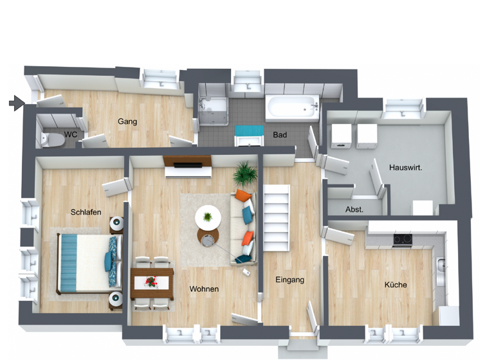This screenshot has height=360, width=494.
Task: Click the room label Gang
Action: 127,122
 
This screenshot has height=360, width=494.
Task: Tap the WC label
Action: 70,135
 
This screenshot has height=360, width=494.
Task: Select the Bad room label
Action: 280,135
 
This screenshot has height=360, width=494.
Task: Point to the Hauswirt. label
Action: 405,168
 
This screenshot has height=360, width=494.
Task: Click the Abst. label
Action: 354,210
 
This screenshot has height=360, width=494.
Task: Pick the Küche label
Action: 396,285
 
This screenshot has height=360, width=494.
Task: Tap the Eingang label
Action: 289,280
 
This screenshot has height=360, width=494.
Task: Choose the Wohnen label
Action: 204,289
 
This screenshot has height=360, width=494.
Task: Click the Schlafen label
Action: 86,212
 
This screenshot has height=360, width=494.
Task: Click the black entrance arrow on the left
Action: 17,102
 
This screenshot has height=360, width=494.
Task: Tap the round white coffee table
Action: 208,217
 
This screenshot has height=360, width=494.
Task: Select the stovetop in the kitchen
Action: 402,240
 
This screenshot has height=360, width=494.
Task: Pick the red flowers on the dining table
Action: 152,281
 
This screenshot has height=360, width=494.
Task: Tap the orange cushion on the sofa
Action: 242,195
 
